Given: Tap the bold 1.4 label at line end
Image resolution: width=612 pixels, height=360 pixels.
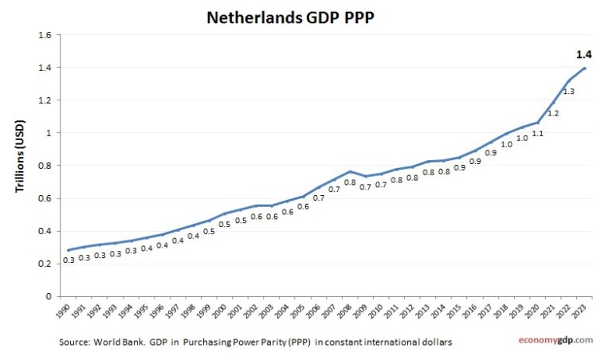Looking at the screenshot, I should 583,55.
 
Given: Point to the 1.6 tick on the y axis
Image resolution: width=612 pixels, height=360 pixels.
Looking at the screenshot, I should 44,35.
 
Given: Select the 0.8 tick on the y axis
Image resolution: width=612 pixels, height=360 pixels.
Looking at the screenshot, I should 44,166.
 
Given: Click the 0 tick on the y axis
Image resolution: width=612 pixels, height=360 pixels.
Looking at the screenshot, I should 48,296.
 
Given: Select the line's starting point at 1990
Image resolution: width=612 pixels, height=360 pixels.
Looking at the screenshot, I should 68,250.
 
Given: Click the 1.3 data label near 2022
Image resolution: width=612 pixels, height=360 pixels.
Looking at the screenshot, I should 568,92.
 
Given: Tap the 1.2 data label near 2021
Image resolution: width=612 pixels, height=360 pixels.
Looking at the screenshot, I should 552,114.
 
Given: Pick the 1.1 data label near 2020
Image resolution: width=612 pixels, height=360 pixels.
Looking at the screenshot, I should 537,133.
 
